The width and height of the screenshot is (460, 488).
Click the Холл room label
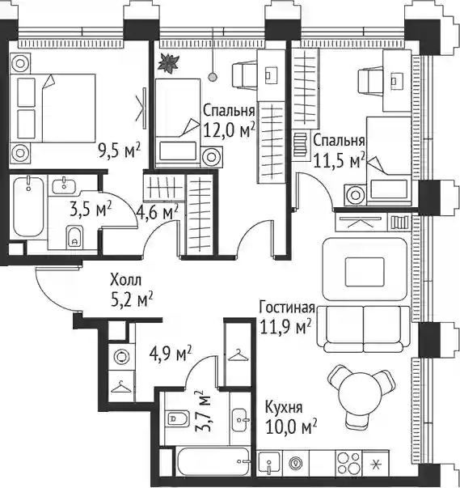125,280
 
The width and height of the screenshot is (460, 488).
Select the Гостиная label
287,308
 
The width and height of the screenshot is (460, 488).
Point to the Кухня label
284,408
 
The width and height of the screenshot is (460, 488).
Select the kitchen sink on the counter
269,464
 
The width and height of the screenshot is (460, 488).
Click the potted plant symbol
168,63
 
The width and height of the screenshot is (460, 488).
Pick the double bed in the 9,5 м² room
53,108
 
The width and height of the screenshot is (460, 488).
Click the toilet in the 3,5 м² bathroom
74,237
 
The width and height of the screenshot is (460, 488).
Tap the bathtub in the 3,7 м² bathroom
213,462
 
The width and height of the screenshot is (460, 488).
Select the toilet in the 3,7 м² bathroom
178,418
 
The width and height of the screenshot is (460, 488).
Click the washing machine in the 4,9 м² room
121,357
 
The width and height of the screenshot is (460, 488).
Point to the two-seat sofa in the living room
363,329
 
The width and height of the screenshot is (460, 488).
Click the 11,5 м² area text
339,161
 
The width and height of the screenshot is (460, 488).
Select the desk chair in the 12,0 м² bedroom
245,75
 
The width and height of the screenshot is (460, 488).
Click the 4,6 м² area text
158,213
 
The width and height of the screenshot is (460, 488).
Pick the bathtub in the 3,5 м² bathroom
28,206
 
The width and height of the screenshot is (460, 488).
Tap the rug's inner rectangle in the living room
365,272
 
